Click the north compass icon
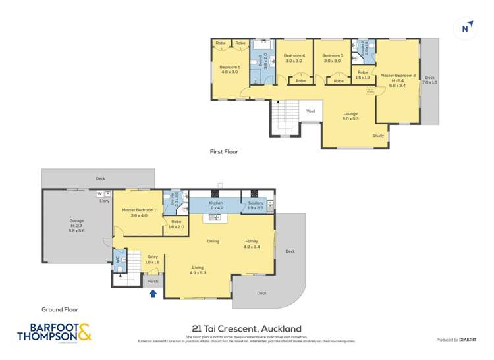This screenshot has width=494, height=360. (x=466, y=28)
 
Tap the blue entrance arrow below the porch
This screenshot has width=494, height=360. (x=153, y=294)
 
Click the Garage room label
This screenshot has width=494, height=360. (x=77, y=221)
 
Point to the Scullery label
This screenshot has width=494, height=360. (x=256, y=203)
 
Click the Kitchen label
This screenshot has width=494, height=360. (x=216, y=203)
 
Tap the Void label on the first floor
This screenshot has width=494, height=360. (x=311, y=111)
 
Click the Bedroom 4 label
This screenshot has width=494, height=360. (x=294, y=56)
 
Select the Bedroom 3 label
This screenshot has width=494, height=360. (x=333, y=56)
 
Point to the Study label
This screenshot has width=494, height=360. (x=378, y=136)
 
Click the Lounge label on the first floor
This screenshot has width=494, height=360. (x=350, y=114)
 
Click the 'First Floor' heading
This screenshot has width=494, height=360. (x=224, y=151)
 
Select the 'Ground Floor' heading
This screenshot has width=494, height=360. (x=61, y=309)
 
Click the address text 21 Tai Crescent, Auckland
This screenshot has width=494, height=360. (x=246, y=328)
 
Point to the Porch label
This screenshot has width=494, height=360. (x=153, y=281)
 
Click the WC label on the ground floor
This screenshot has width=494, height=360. (x=119, y=260)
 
